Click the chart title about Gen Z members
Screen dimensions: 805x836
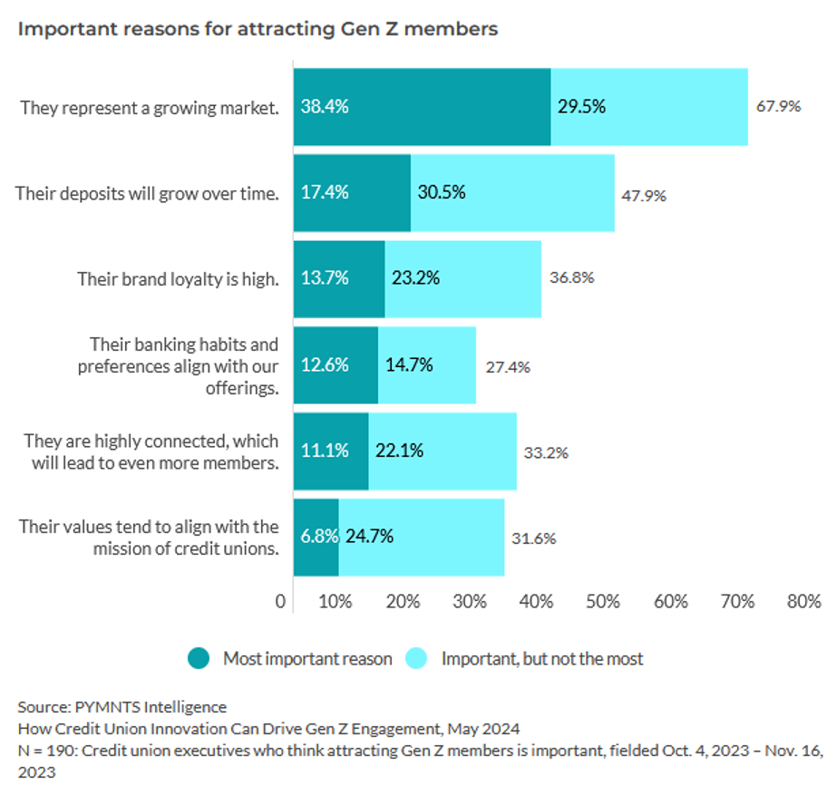258,29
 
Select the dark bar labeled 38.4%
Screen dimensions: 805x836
422,106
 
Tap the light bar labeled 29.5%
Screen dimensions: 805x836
649,106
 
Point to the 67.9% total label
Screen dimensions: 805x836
778,106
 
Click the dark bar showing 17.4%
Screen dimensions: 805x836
352,192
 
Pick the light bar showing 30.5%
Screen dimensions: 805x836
512,192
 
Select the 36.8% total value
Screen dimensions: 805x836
572,278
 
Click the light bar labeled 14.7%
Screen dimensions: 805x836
427,364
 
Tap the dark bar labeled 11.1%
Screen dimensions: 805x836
331,451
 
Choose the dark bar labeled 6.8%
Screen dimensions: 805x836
316,537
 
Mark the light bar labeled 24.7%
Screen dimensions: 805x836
422,537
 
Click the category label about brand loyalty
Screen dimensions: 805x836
178,278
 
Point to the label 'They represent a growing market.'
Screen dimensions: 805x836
150,107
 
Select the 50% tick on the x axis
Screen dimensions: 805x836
604,601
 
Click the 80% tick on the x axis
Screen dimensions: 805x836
803,601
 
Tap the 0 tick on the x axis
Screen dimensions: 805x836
280,601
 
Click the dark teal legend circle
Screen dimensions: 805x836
200,659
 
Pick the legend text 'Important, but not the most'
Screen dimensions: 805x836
541,659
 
